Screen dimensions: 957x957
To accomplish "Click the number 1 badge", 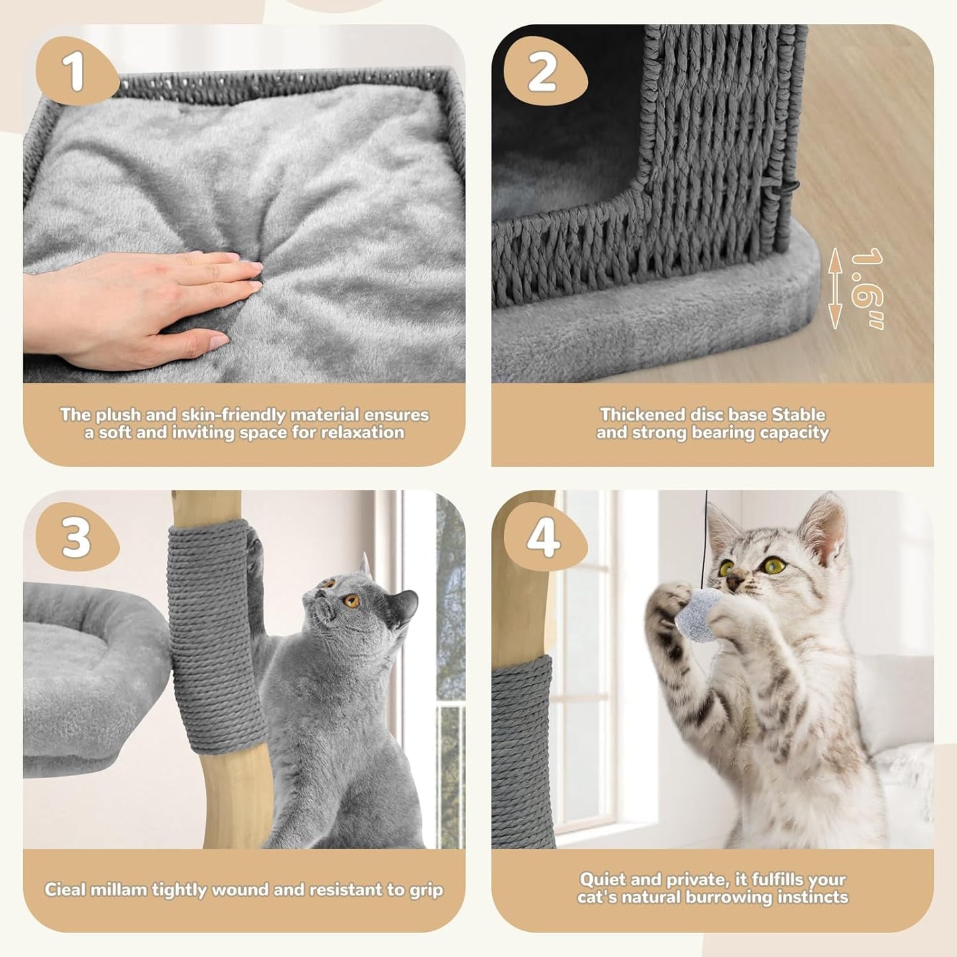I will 75,72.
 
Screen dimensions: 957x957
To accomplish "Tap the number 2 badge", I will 543,72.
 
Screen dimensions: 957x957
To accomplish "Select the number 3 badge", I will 75,537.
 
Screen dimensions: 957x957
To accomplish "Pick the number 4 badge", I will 543,537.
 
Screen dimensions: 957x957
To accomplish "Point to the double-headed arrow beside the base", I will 836,288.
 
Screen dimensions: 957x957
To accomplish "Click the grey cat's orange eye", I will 352,601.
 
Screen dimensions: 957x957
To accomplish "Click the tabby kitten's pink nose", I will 733,582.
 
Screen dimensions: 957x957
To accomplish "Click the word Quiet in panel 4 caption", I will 602,880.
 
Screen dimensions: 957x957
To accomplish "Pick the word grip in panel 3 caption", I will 426,889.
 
